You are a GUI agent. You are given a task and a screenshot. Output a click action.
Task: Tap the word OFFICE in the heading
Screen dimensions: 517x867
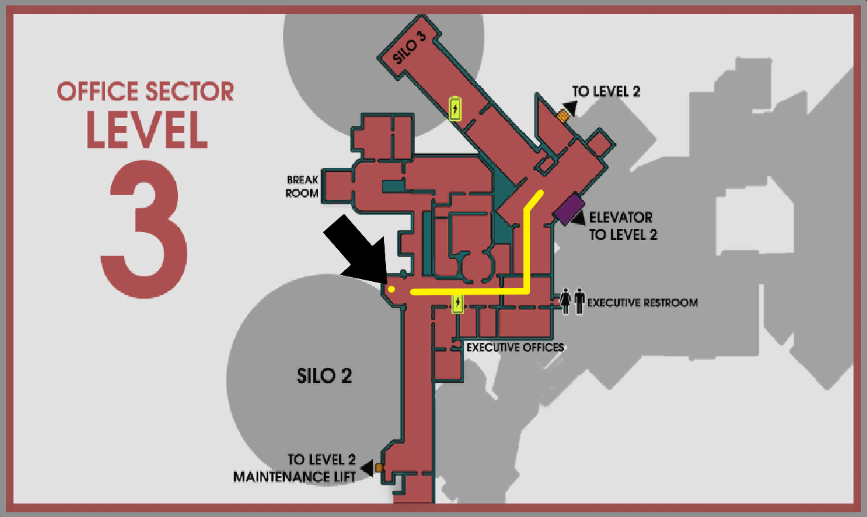tap(102, 91)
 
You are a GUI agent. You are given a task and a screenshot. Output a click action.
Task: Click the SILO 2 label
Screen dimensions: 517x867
tap(325, 375)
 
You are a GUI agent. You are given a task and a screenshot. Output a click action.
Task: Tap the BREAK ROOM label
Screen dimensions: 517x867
tap(302, 187)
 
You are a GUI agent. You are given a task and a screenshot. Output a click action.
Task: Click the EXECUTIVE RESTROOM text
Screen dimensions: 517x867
tap(642, 303)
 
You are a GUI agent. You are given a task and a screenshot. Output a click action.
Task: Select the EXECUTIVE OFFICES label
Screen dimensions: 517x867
tap(515, 348)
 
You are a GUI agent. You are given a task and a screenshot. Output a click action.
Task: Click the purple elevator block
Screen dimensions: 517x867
tap(569, 208)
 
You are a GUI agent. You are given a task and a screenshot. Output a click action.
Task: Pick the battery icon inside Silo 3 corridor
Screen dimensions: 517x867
tap(456, 108)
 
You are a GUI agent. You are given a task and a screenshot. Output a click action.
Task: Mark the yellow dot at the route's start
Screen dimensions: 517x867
tap(391, 288)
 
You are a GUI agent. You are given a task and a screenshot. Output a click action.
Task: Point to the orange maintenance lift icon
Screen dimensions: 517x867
tap(379, 468)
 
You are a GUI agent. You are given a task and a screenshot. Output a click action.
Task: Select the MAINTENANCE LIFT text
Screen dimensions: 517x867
tap(294, 477)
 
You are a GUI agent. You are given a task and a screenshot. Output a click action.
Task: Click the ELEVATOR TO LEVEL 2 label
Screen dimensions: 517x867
tap(621, 226)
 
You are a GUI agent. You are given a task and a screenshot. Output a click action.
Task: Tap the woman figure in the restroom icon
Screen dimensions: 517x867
tap(565, 300)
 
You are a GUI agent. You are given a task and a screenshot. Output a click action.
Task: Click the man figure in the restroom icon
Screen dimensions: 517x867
tap(579, 300)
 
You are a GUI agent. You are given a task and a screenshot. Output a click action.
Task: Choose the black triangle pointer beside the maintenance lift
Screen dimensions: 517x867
tap(367, 467)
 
